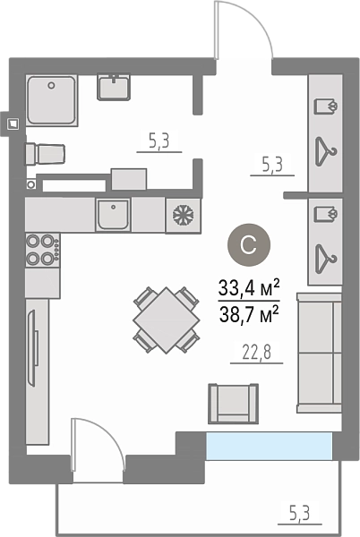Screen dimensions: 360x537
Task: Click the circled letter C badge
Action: click(249, 245)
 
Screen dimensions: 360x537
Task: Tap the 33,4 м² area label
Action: click(249, 289)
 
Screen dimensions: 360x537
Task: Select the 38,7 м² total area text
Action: click(249, 314)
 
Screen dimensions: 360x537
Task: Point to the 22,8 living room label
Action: click(257, 353)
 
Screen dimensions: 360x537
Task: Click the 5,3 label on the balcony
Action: click(300, 514)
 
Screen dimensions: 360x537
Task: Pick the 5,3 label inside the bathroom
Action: click(159, 141)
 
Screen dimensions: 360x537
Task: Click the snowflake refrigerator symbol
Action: click(183, 216)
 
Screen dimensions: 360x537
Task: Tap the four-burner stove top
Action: click(42, 250)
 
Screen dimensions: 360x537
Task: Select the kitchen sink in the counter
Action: click(113, 215)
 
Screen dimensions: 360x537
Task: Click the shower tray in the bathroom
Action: click(52, 100)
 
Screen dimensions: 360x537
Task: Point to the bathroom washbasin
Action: click(114, 87)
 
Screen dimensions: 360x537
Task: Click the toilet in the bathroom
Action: click(45, 154)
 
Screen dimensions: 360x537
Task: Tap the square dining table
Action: click(167, 320)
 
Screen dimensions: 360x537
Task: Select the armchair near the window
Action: click(233, 404)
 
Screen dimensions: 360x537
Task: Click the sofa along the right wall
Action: click(319, 353)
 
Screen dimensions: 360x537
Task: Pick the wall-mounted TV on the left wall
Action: click(32, 348)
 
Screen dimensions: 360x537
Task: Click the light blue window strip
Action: click(269, 446)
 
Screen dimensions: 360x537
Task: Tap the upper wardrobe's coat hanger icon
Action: click(325, 152)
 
